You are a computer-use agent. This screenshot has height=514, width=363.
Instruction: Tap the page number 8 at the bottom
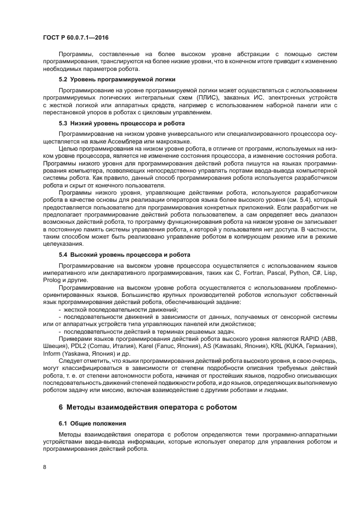click(44, 467)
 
